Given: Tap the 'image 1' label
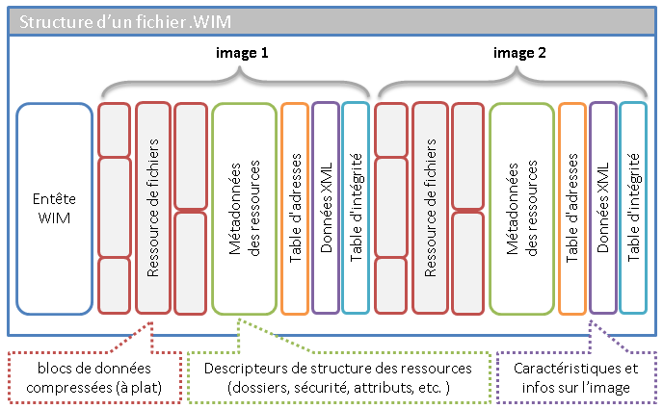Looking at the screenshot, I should [241, 55].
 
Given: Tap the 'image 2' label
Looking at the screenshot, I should [519, 55].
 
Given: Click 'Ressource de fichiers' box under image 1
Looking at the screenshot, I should [153, 208].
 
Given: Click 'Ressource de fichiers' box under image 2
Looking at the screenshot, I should [430, 208].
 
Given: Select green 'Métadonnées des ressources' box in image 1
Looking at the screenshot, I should [243, 208].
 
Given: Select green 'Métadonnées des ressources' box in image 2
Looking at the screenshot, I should [520, 208].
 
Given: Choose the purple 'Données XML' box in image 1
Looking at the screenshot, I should [326, 208].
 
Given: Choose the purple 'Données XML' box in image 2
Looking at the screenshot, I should [603, 208].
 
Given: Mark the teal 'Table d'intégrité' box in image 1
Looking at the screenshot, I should [355, 208].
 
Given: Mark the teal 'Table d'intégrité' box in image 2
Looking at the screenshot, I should [633, 208].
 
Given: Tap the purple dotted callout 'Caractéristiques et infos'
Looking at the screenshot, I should [576, 376].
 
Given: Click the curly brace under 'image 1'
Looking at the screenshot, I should [236, 83].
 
